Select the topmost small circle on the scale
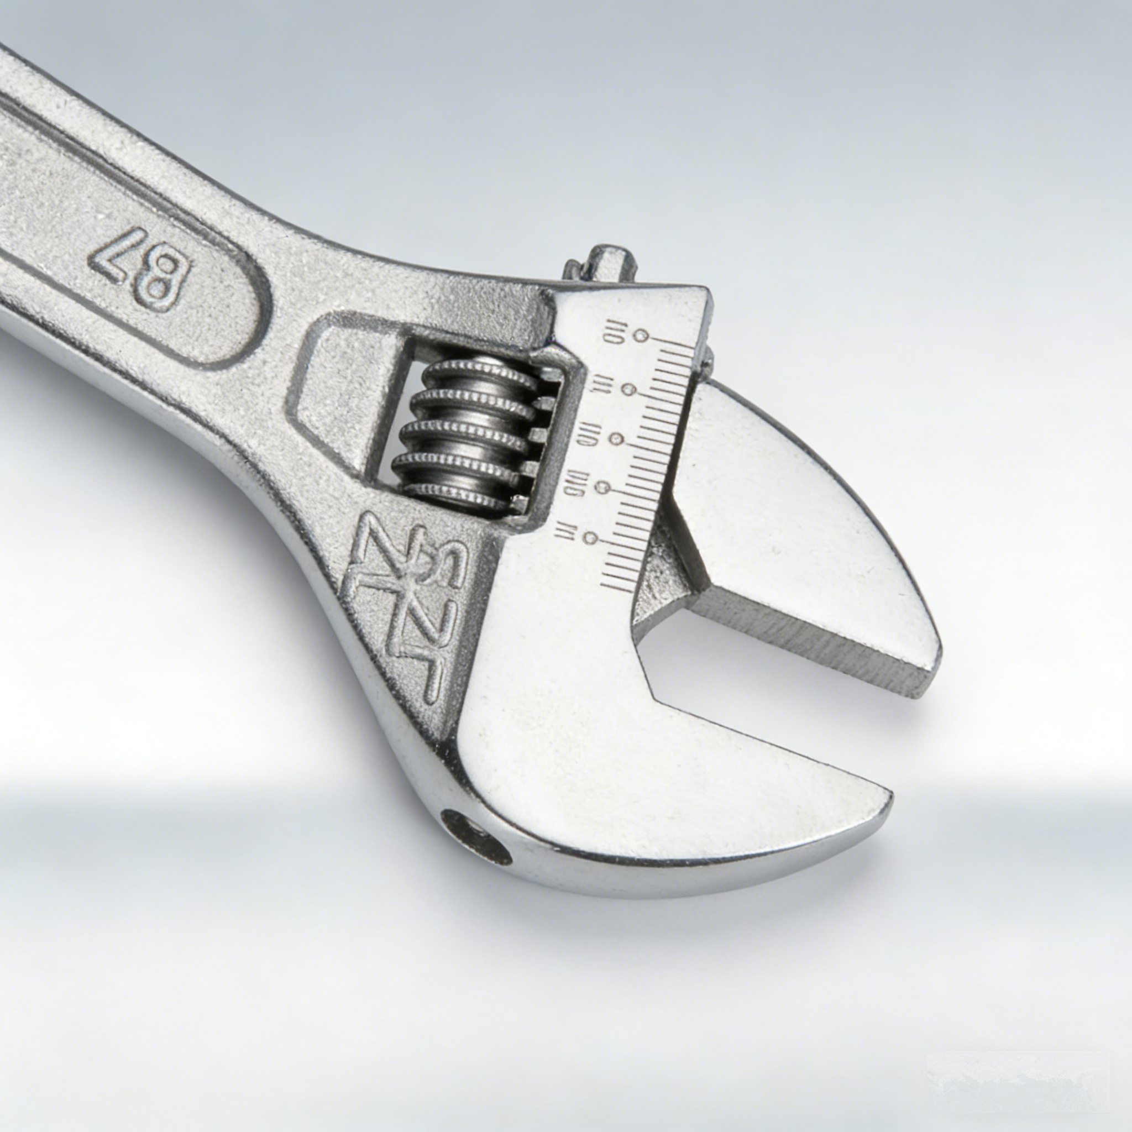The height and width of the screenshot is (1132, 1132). pos(642,336)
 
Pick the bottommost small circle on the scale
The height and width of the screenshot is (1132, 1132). pos(592,537)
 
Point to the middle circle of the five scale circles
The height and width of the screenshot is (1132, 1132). pos(616,438)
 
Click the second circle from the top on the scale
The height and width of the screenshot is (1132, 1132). pos(629,389)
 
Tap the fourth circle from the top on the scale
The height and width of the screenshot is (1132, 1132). pos(602,486)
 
